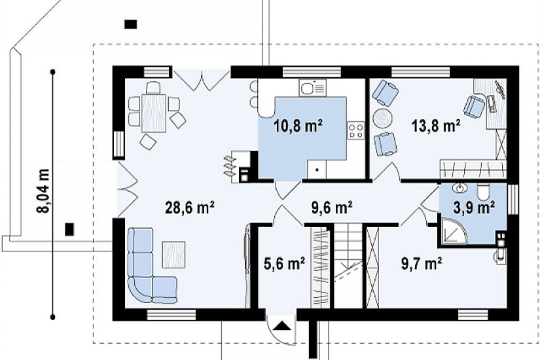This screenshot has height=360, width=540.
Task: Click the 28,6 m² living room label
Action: click(190, 207)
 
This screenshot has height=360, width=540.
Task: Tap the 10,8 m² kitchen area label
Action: click(298, 126)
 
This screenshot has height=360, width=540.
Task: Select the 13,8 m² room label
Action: click(436, 126)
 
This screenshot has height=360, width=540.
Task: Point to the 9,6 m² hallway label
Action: click(332, 207)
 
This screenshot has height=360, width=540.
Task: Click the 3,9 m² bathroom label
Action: click(475, 207)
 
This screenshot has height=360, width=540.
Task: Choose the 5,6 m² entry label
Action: click(284, 264)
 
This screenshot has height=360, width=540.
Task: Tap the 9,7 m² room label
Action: click(422, 264)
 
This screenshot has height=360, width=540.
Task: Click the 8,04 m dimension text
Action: click(44, 191)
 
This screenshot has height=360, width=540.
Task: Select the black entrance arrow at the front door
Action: click(282, 325)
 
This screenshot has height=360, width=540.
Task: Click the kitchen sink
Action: click(313, 88)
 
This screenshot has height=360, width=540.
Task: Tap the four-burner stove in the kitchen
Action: click(356, 130)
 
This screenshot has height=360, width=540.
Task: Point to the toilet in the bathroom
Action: click(484, 192)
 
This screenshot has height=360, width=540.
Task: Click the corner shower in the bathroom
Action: click(452, 230)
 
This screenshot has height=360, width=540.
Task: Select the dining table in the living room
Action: click(154, 113)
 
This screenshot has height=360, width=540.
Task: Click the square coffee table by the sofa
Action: click(174, 254)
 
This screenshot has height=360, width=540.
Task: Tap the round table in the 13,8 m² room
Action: click(383, 119)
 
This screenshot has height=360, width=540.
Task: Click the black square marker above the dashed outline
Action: click(131, 24)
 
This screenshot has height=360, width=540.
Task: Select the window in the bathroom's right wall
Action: click(513, 199)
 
